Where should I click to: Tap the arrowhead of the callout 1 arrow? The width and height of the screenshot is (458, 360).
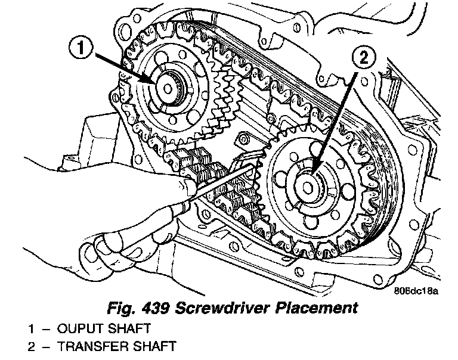[156, 82]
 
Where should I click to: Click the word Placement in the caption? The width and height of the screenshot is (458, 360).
[322, 308]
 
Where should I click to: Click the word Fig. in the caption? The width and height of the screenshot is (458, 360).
[119, 308]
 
